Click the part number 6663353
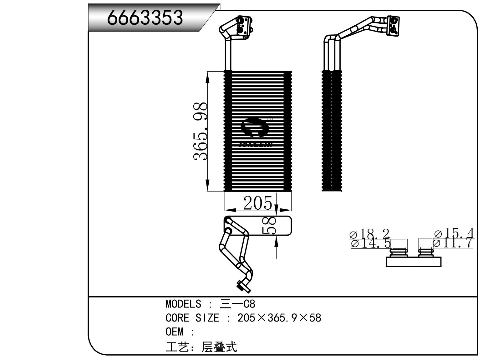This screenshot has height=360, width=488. pyautogui.click(x=145, y=17)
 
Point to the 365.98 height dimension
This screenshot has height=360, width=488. pyautogui.click(x=201, y=131)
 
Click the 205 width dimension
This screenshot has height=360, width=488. pyautogui.click(x=257, y=203)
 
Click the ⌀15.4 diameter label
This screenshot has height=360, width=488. pyautogui.click(x=454, y=233)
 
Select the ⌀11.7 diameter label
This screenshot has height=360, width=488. pyautogui.click(x=452, y=243)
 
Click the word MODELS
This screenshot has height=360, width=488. pyautogui.click(x=183, y=304)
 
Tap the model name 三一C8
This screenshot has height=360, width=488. pyautogui.click(x=238, y=304)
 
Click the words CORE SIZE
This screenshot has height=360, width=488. pyautogui.click(x=192, y=318)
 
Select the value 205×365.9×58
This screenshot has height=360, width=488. pyautogui.click(x=279, y=318)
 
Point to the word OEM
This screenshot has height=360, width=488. pyautogui.click(x=175, y=332)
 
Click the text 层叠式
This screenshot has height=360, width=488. pyautogui.click(x=219, y=347)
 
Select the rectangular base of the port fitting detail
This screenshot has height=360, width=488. pyautogui.click(x=414, y=262)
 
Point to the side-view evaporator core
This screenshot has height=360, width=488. pyautogui.click(x=332, y=131)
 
